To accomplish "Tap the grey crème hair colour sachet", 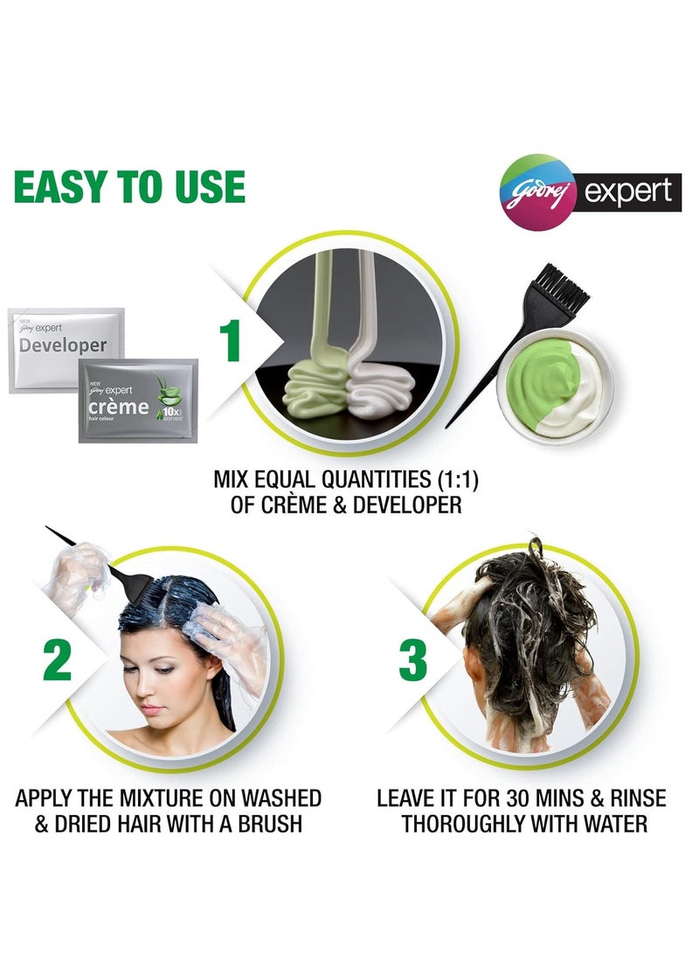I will pyautogui.click(x=138, y=400).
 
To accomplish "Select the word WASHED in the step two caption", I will pyautogui.click(x=273, y=797).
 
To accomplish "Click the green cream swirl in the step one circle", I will pyautogui.click(x=320, y=380).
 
